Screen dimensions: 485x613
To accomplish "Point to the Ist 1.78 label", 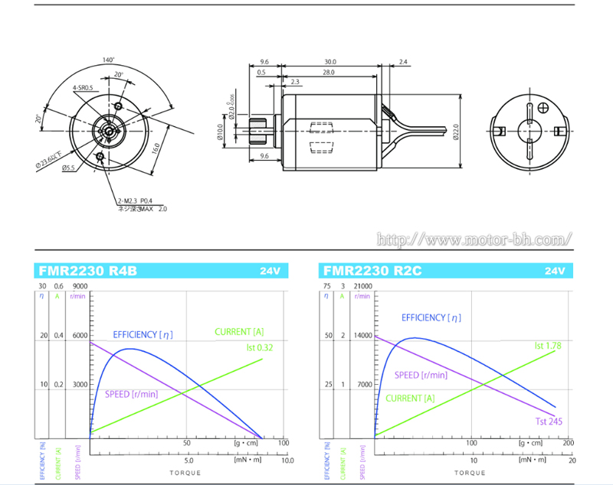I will pyautogui.click(x=548, y=346).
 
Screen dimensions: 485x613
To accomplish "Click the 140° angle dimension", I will pyautogui.click(x=107, y=60).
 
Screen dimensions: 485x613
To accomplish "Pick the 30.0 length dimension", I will pyautogui.click(x=329, y=62).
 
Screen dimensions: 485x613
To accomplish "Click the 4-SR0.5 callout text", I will pyautogui.click(x=82, y=88).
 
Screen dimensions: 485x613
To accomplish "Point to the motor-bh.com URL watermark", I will pyautogui.click(x=475, y=239).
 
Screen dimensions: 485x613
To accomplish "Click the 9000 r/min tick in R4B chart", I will pyautogui.click(x=80, y=287).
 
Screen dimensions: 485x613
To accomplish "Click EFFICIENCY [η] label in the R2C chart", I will pyautogui.click(x=431, y=317).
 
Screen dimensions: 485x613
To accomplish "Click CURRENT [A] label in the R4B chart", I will pyautogui.click(x=238, y=331).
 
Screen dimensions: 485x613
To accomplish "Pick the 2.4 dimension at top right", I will pyautogui.click(x=403, y=62).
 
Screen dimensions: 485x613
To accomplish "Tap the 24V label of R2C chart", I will pyautogui.click(x=555, y=271).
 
